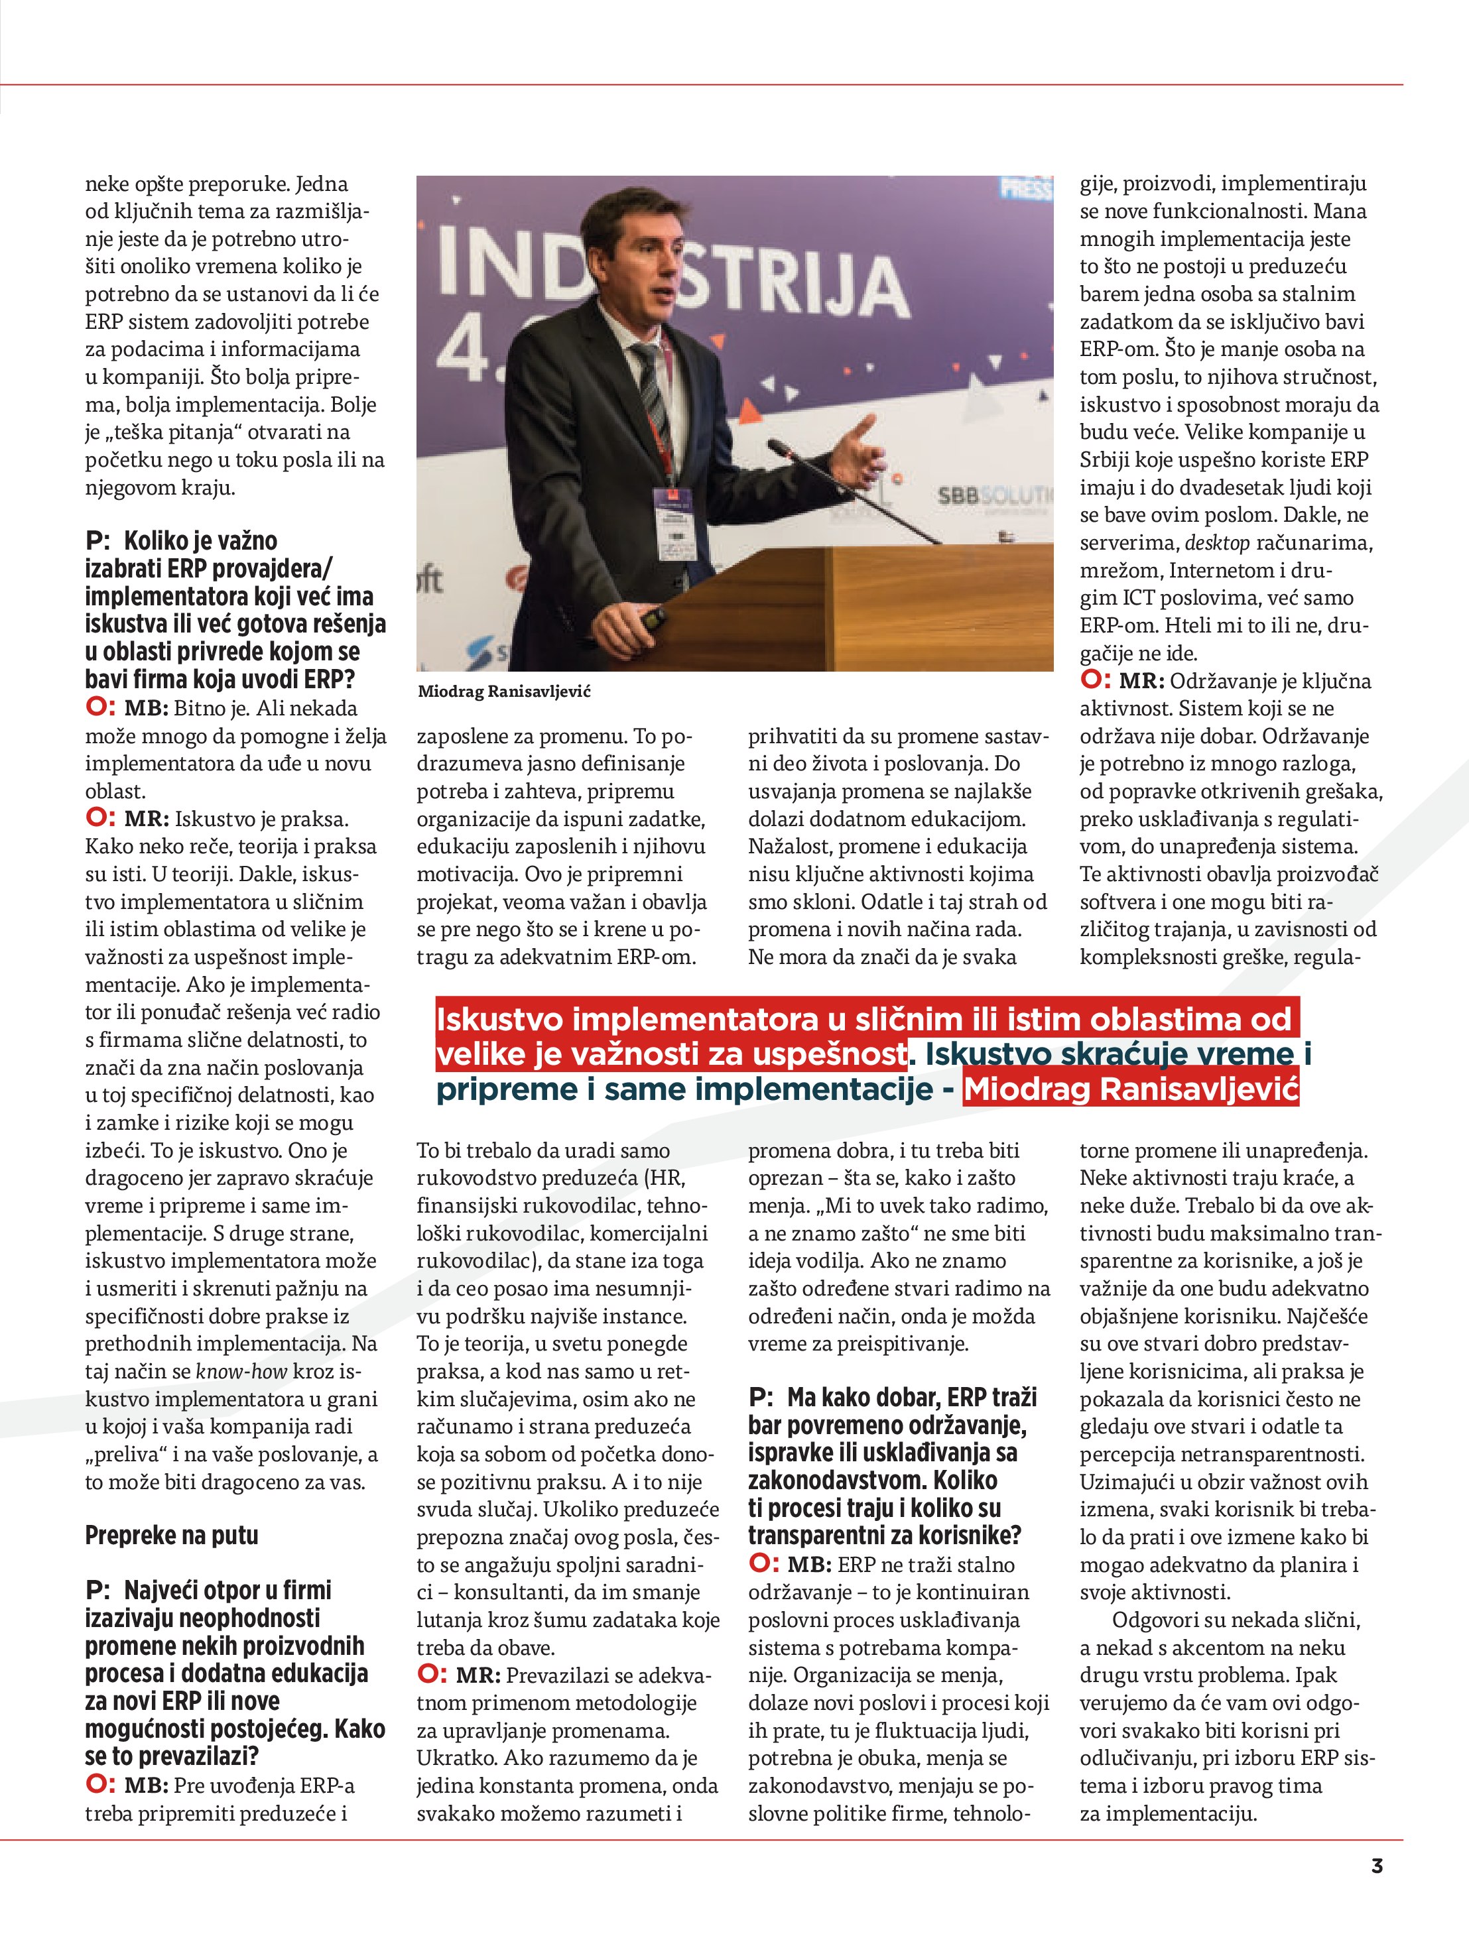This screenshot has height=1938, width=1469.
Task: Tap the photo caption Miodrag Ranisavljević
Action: pos(504,692)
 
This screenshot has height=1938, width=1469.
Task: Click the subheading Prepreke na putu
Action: pos(172,1535)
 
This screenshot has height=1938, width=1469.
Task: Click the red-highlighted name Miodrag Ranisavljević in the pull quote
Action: pos(1131,1089)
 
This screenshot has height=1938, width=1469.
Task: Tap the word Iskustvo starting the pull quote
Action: pos(499,1019)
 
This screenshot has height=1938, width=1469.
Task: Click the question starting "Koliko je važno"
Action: pos(235,609)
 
